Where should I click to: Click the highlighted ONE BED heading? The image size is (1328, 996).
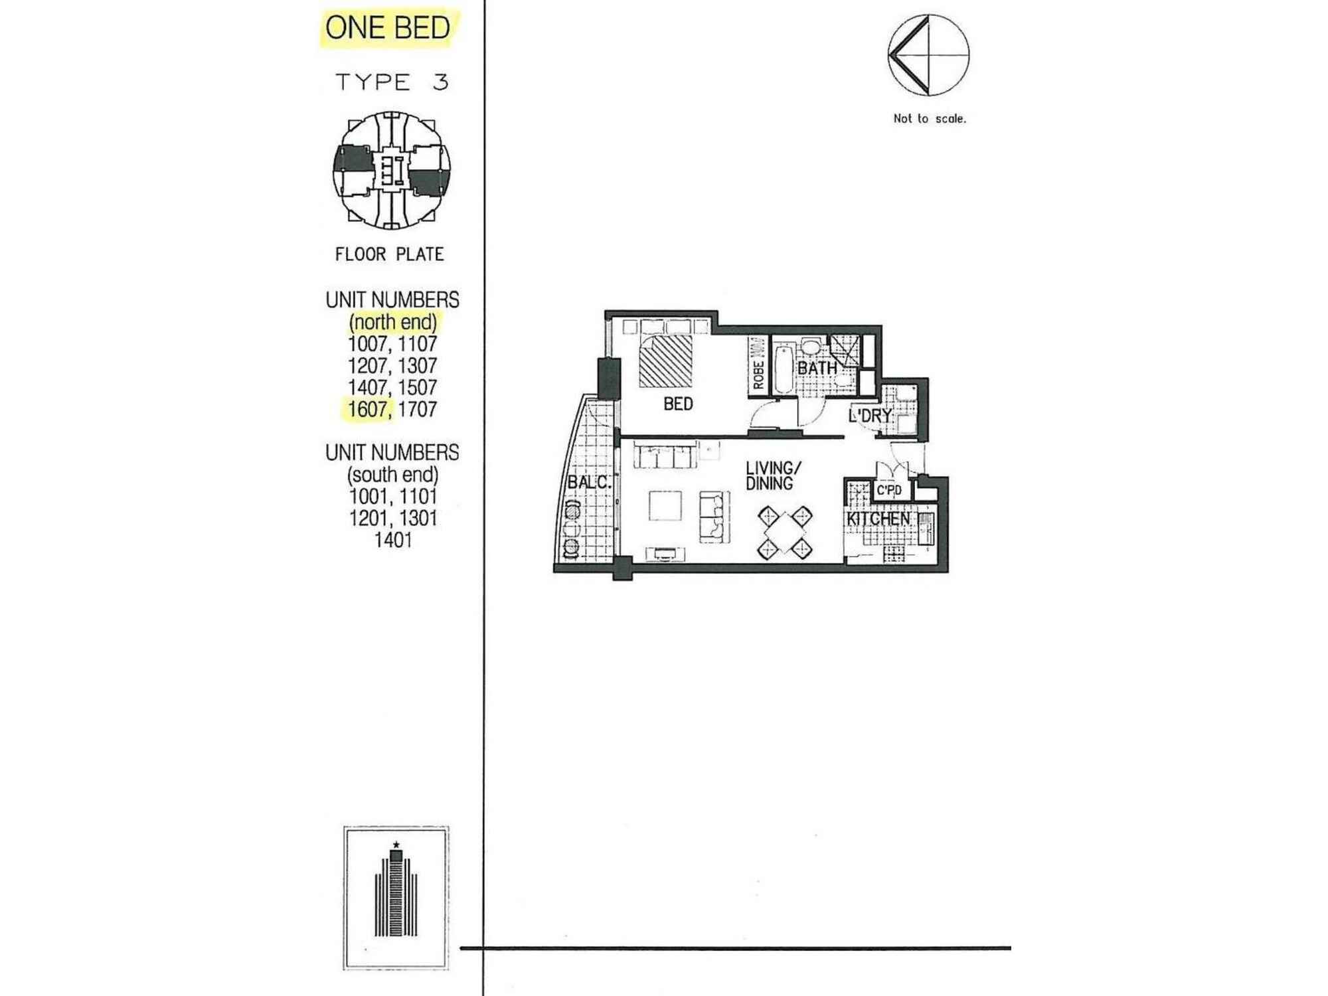click(x=388, y=28)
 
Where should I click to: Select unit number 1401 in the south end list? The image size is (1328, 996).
click(x=393, y=540)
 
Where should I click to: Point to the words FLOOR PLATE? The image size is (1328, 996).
click(x=390, y=254)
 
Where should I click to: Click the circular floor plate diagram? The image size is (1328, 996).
click(x=392, y=171)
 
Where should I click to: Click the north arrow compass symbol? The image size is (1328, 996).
click(x=928, y=55)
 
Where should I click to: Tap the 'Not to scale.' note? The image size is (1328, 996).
click(x=930, y=119)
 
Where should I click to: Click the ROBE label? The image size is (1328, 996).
click(x=758, y=375)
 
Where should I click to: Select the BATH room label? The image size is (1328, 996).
click(x=817, y=368)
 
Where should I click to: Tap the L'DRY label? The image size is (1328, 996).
click(x=871, y=416)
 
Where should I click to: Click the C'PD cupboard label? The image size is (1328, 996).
click(x=889, y=491)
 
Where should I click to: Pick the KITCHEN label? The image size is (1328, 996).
click(x=878, y=519)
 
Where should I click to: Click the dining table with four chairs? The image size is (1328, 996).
click(x=786, y=533)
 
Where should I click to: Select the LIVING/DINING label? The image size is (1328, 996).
click(x=770, y=476)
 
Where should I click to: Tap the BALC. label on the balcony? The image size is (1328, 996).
click(x=589, y=483)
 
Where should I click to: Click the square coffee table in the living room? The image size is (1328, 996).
click(x=665, y=505)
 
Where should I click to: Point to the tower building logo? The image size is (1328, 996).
click(x=396, y=898)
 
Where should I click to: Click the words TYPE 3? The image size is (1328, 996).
click(x=392, y=82)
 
